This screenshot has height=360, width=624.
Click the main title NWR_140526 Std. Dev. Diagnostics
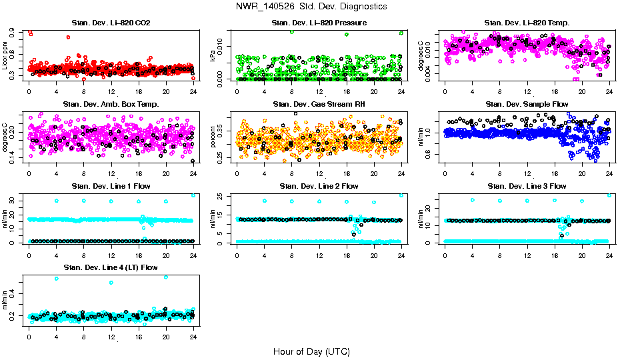pos(311,7)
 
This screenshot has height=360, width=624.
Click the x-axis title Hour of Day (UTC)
pos(311,351)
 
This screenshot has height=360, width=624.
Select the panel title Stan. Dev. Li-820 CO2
pos(111,23)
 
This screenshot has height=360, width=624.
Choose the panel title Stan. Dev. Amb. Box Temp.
pos(111,105)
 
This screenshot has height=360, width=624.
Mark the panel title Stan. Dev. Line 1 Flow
pos(111,186)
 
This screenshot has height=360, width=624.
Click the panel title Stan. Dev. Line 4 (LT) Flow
pos(111,267)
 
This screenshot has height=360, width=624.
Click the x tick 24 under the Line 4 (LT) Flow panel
pos(193,337)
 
